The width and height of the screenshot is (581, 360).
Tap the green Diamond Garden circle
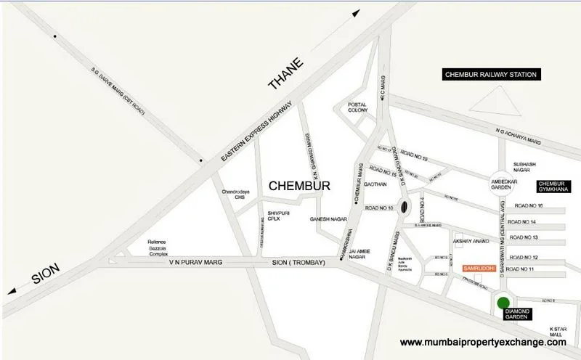coord(502,303)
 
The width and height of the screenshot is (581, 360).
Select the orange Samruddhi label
coord(478,268)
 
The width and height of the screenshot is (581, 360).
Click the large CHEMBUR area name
coord(299,187)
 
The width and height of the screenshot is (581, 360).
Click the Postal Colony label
coord(357,109)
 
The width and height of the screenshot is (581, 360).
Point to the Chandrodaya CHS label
coord(236,195)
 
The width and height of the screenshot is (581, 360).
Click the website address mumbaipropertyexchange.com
coord(483,342)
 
